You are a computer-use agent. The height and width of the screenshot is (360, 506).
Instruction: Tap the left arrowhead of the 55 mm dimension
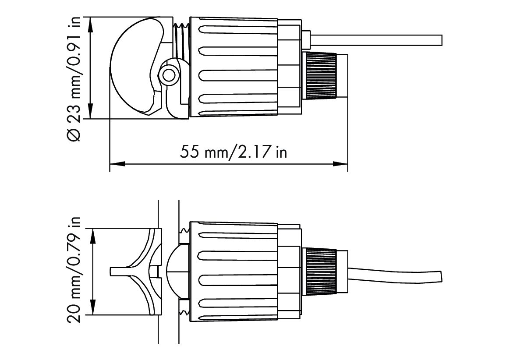(x=115, y=164)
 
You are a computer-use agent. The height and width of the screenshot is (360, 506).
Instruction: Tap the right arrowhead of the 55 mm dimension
(x=342, y=164)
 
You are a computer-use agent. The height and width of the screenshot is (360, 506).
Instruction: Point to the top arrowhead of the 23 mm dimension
(x=91, y=23)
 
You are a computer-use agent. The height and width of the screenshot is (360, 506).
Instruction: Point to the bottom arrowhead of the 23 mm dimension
(x=91, y=113)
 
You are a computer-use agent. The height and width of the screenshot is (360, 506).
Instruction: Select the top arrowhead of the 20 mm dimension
(x=93, y=234)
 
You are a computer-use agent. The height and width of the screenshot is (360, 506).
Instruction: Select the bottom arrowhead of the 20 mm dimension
(x=93, y=309)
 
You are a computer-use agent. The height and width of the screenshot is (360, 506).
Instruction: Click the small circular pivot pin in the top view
(x=168, y=76)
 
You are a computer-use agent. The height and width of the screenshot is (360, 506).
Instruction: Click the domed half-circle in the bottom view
(x=178, y=272)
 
